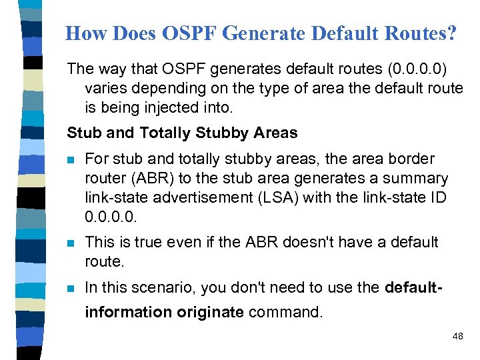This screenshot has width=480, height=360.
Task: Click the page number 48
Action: click(457, 337)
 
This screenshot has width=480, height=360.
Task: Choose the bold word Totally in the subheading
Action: click(166, 133)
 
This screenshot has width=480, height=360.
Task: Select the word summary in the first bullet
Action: click(417, 179)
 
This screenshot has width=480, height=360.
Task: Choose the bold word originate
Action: click(210, 312)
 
